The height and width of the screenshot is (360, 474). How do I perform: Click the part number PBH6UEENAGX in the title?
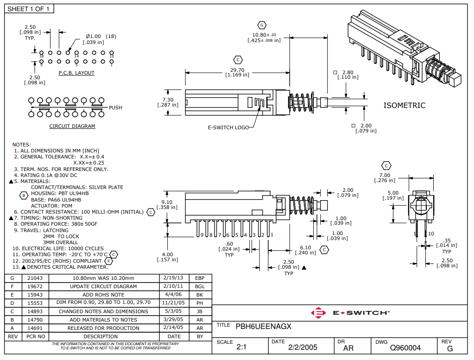(x=263, y=326)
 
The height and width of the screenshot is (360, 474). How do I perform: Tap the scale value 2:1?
(x=241, y=347)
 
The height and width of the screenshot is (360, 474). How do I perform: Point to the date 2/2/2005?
(x=303, y=347)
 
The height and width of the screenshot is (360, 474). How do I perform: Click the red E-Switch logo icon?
(x=319, y=313)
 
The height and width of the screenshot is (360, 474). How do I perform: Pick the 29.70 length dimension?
(x=238, y=70)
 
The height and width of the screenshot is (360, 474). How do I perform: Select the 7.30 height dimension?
(x=168, y=100)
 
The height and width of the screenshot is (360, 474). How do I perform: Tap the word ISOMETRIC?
(x=404, y=106)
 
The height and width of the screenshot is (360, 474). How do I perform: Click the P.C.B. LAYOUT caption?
(x=76, y=73)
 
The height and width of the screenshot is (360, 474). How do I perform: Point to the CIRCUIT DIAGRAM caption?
(x=72, y=126)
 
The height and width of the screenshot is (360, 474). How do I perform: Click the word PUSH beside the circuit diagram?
(x=115, y=107)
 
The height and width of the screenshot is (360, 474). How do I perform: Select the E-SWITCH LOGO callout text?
(x=228, y=127)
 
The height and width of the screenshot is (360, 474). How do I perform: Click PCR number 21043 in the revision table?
(x=35, y=278)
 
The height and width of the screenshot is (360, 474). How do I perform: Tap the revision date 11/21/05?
(x=174, y=303)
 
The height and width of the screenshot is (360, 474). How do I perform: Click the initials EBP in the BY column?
(x=200, y=278)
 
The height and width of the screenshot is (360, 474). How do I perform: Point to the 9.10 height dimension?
(x=168, y=202)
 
